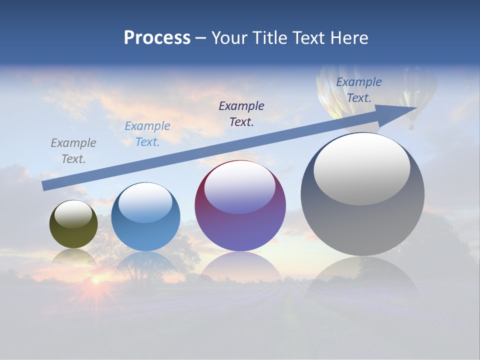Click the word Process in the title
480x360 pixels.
[x=157, y=38]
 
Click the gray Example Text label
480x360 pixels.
[x=73, y=151]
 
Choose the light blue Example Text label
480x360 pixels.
[x=147, y=134]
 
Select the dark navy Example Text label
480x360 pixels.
[x=241, y=113]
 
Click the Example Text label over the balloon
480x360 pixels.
[x=358, y=90]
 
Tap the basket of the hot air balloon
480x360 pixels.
[x=411, y=126]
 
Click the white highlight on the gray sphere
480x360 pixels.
[x=362, y=169]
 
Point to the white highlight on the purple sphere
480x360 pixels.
[x=239, y=187]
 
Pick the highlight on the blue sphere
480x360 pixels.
[x=145, y=202]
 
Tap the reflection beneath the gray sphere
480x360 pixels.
[x=362, y=280]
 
